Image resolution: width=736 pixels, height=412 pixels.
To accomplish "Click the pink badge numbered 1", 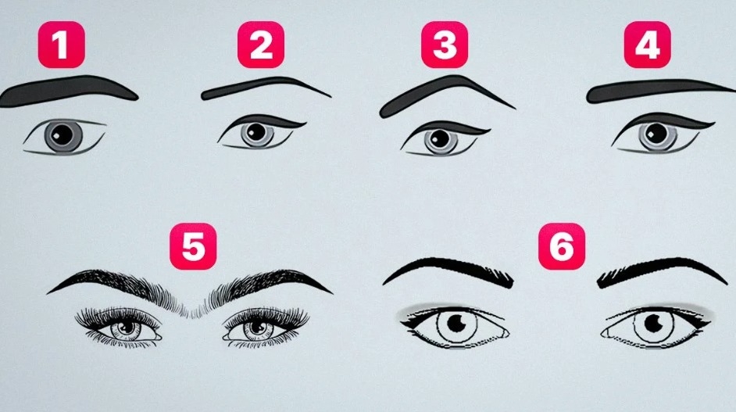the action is tap(62, 45).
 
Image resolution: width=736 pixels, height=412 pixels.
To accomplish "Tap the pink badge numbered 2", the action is tap(261, 45).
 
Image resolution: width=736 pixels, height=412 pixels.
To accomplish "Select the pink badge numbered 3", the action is tap(445, 45).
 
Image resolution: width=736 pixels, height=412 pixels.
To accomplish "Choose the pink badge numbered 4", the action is tap(647, 45).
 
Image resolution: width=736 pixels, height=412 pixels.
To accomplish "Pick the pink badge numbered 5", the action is tap(193, 246).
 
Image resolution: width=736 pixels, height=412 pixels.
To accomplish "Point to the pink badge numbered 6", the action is tap(562, 246).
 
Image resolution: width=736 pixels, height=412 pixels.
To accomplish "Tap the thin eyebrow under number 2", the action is tap(263, 87).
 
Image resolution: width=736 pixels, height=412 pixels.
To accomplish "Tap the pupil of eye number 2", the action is tap(256, 132).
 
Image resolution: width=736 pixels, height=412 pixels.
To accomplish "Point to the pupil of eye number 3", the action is tap(440, 138).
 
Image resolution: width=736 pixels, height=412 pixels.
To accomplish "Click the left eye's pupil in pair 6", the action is tap(456, 323).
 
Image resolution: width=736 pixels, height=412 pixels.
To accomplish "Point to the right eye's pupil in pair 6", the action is tap(653, 323).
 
